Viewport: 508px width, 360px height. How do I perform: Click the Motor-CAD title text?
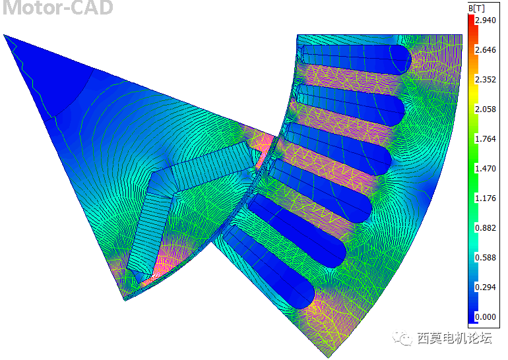tap(57, 7)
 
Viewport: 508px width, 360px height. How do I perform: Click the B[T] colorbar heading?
tap(476, 9)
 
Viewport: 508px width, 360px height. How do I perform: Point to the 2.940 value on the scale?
tap(486, 20)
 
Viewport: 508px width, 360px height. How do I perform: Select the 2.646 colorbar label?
tap(486, 50)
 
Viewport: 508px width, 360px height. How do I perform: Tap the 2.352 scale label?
tap(486, 80)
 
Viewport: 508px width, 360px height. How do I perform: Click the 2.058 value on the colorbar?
tap(486, 109)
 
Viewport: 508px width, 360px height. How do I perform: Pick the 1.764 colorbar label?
tap(486, 139)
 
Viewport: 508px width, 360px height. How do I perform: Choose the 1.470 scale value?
tap(486, 168)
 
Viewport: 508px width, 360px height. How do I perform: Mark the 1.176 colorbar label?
tap(486, 198)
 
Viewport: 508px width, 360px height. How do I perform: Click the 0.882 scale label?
tap(486, 228)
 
